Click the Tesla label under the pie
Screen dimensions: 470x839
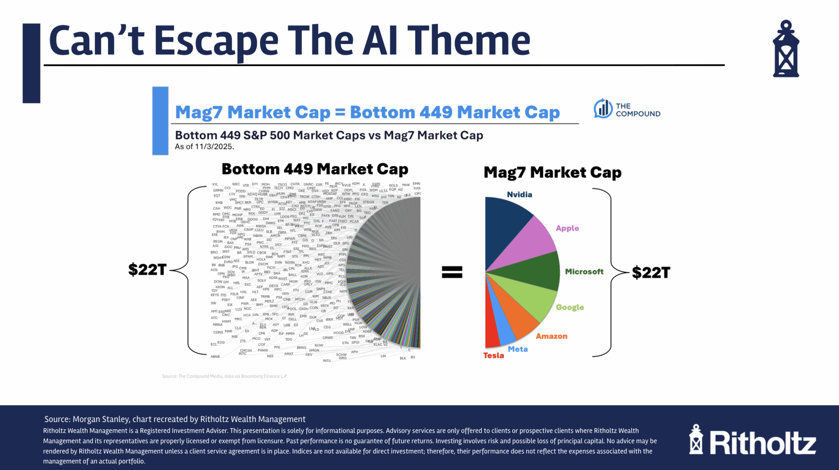coord(493,356)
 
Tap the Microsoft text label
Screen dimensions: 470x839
coord(584,272)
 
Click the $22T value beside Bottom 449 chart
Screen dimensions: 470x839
coord(147,269)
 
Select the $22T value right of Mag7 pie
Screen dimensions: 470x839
coord(651,272)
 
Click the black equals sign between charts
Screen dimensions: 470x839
coord(452,272)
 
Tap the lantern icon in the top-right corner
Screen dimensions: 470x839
coord(786,49)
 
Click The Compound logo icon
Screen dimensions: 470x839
coord(603,109)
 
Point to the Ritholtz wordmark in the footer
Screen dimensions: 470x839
coord(762,443)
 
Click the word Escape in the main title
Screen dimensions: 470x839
coord(216,41)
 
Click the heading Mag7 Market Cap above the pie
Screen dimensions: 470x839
coord(552,173)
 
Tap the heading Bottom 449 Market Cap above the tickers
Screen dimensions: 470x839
coord(315,169)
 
